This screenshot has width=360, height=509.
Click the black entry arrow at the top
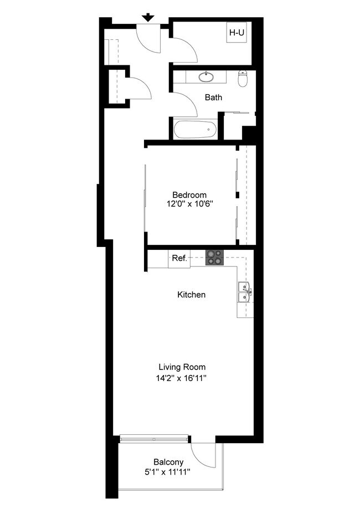pos(148,17)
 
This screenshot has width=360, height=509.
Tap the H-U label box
pos(236,33)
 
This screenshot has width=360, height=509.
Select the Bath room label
pos(213,97)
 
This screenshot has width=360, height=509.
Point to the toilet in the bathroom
pos(242,79)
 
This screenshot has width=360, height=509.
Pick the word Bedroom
pos(189,195)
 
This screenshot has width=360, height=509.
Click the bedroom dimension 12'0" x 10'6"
pos(189,204)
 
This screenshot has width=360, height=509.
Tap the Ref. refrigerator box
pos(179,259)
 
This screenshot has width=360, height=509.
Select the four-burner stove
pos(215,258)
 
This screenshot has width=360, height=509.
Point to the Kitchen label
pos(191,295)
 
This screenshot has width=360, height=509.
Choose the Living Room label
pos(182,367)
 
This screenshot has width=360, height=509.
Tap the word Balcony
pos(168,462)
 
